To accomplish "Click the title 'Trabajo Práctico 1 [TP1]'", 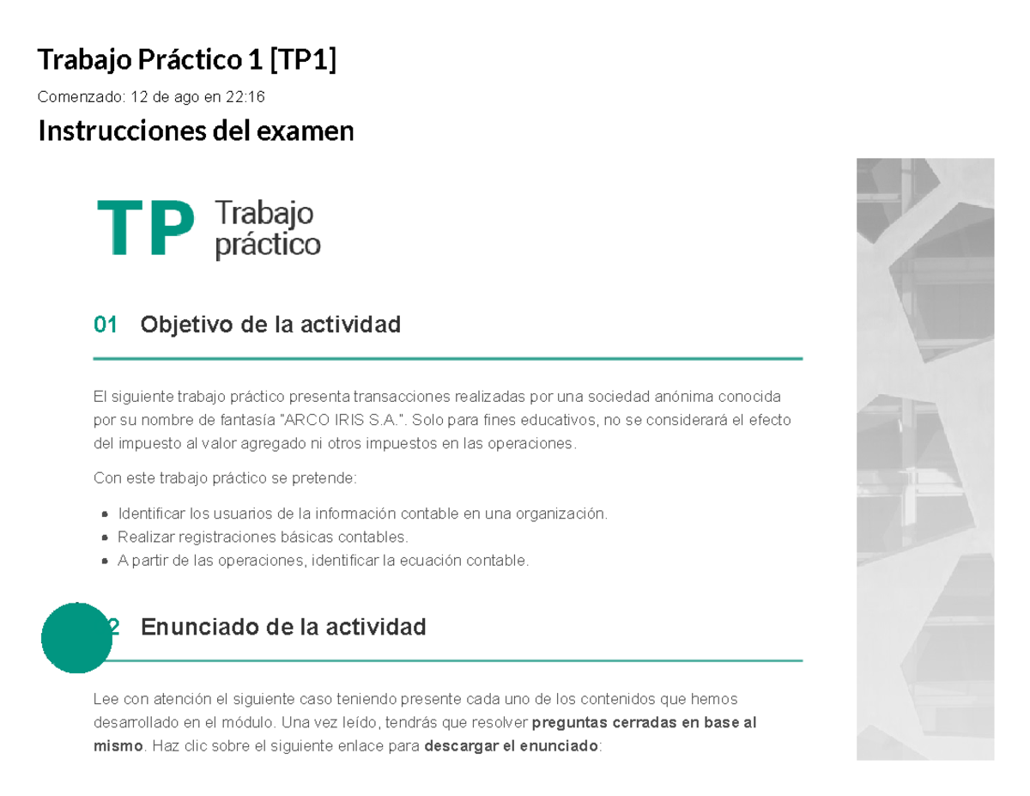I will (x=186, y=60).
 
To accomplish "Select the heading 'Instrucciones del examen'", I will (x=196, y=131).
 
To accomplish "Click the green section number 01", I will (x=106, y=325).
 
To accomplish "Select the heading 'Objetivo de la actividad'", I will (x=270, y=325).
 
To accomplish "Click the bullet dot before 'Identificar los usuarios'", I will (x=105, y=514).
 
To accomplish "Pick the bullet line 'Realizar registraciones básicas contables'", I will (x=264, y=538).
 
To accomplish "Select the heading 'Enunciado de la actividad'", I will (x=282, y=628).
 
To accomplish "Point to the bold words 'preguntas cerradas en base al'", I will (x=645, y=722).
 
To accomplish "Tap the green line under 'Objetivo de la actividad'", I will (x=447, y=358).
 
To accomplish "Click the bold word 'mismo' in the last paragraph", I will (x=116, y=746).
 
